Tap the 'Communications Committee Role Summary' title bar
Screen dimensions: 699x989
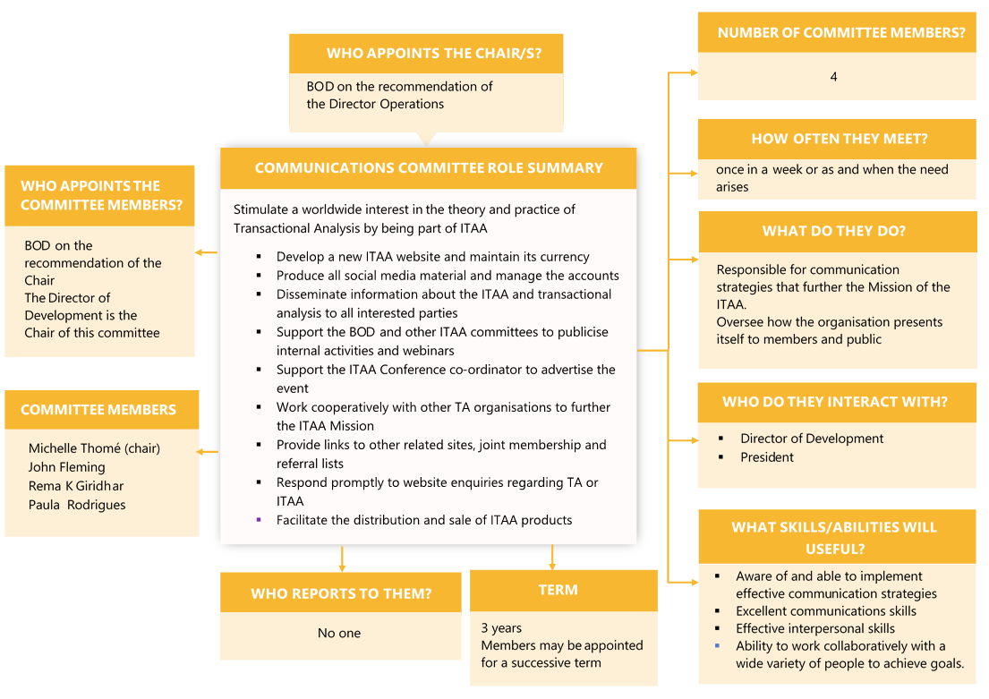coord(429,168)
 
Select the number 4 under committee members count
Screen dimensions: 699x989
coord(833,77)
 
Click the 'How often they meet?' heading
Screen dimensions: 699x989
coord(839,139)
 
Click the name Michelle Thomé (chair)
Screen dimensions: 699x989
coord(94,448)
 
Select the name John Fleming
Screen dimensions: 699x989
coord(66,467)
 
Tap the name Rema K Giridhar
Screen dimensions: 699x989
coord(76,486)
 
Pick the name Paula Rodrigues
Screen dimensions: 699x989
coord(77,505)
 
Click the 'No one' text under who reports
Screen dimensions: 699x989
coord(339,633)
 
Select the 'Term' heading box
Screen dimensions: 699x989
coord(558,590)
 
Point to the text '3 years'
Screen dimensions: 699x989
coord(501,628)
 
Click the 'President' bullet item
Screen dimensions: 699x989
coord(767,457)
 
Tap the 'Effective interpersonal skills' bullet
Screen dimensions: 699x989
coord(815,628)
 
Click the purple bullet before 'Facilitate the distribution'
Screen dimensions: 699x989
coord(259,519)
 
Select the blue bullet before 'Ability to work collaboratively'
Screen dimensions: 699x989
coord(718,645)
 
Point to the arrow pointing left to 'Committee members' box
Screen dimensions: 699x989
coord(207,451)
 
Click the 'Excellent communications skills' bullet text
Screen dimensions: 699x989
coord(826,611)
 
